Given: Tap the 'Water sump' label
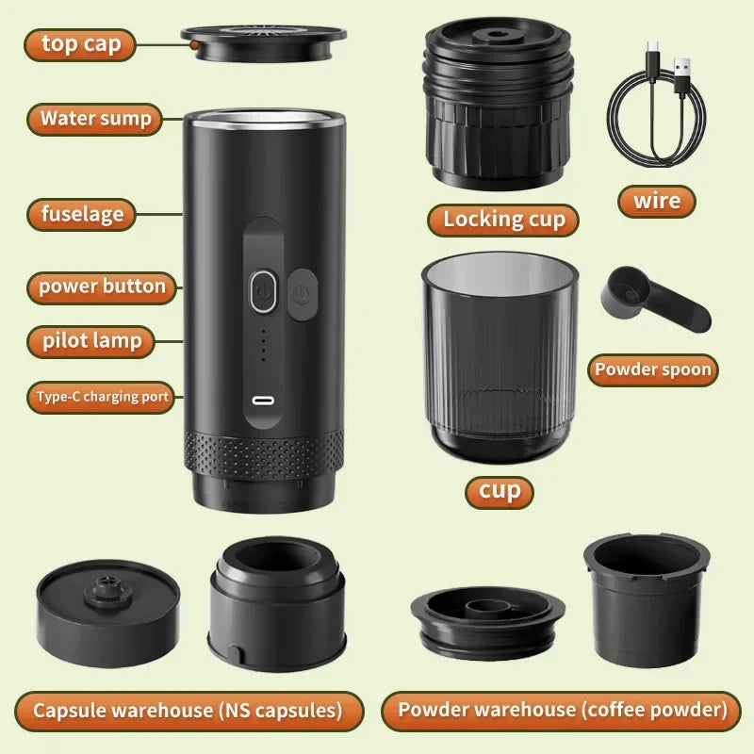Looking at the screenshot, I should [95, 120].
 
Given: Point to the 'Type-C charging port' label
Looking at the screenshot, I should [102, 397].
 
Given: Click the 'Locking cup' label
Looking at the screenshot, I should [504, 220].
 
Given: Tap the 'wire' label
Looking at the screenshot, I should [657, 201].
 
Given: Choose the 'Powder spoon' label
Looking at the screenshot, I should [652, 369].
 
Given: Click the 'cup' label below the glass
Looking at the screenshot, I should [500, 491].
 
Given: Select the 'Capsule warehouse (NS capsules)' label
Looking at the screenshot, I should [188, 710].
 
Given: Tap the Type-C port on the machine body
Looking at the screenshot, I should [263, 400].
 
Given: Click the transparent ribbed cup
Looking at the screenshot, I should [500, 358].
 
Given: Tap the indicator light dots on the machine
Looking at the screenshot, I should [263, 345].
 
